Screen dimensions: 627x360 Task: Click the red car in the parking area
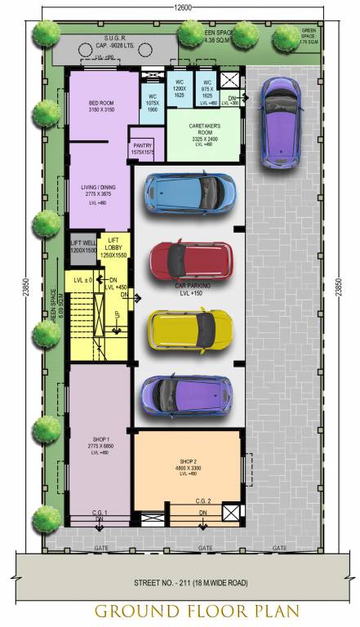tap(191, 260)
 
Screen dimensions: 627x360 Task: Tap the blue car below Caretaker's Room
tap(190, 193)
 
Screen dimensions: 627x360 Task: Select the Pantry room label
tap(142, 149)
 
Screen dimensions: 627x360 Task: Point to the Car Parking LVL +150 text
tap(189, 289)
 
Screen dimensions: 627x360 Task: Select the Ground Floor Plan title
tap(180, 611)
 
